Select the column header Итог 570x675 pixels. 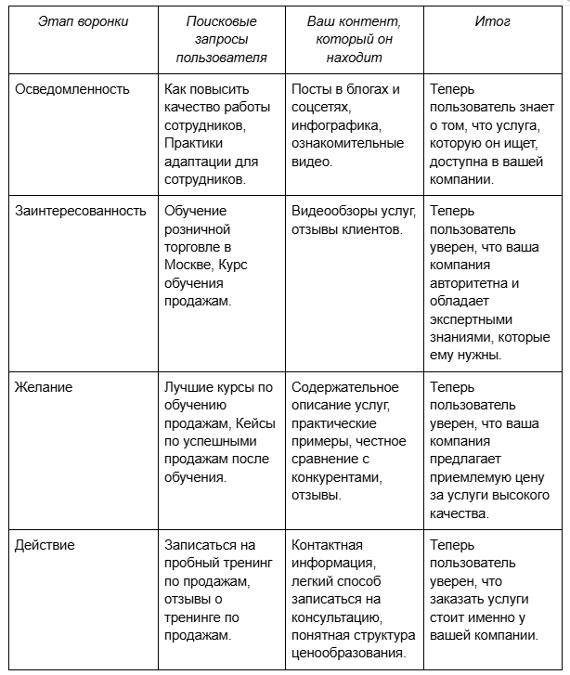click(492, 21)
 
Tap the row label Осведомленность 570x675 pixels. click(72, 90)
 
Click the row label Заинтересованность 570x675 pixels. click(81, 211)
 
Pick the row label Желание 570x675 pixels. click(43, 386)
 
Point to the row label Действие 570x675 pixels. click(45, 545)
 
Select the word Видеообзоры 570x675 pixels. click(330, 211)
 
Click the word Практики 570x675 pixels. click(191, 144)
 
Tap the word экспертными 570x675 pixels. click(470, 318)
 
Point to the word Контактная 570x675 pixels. click(327, 545)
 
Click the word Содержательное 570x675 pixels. click(344, 387)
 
